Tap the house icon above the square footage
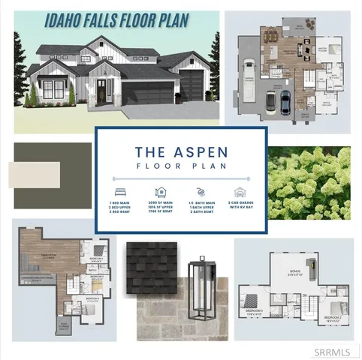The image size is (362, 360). point(161,193)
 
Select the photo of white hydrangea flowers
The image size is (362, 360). point(309,182)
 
